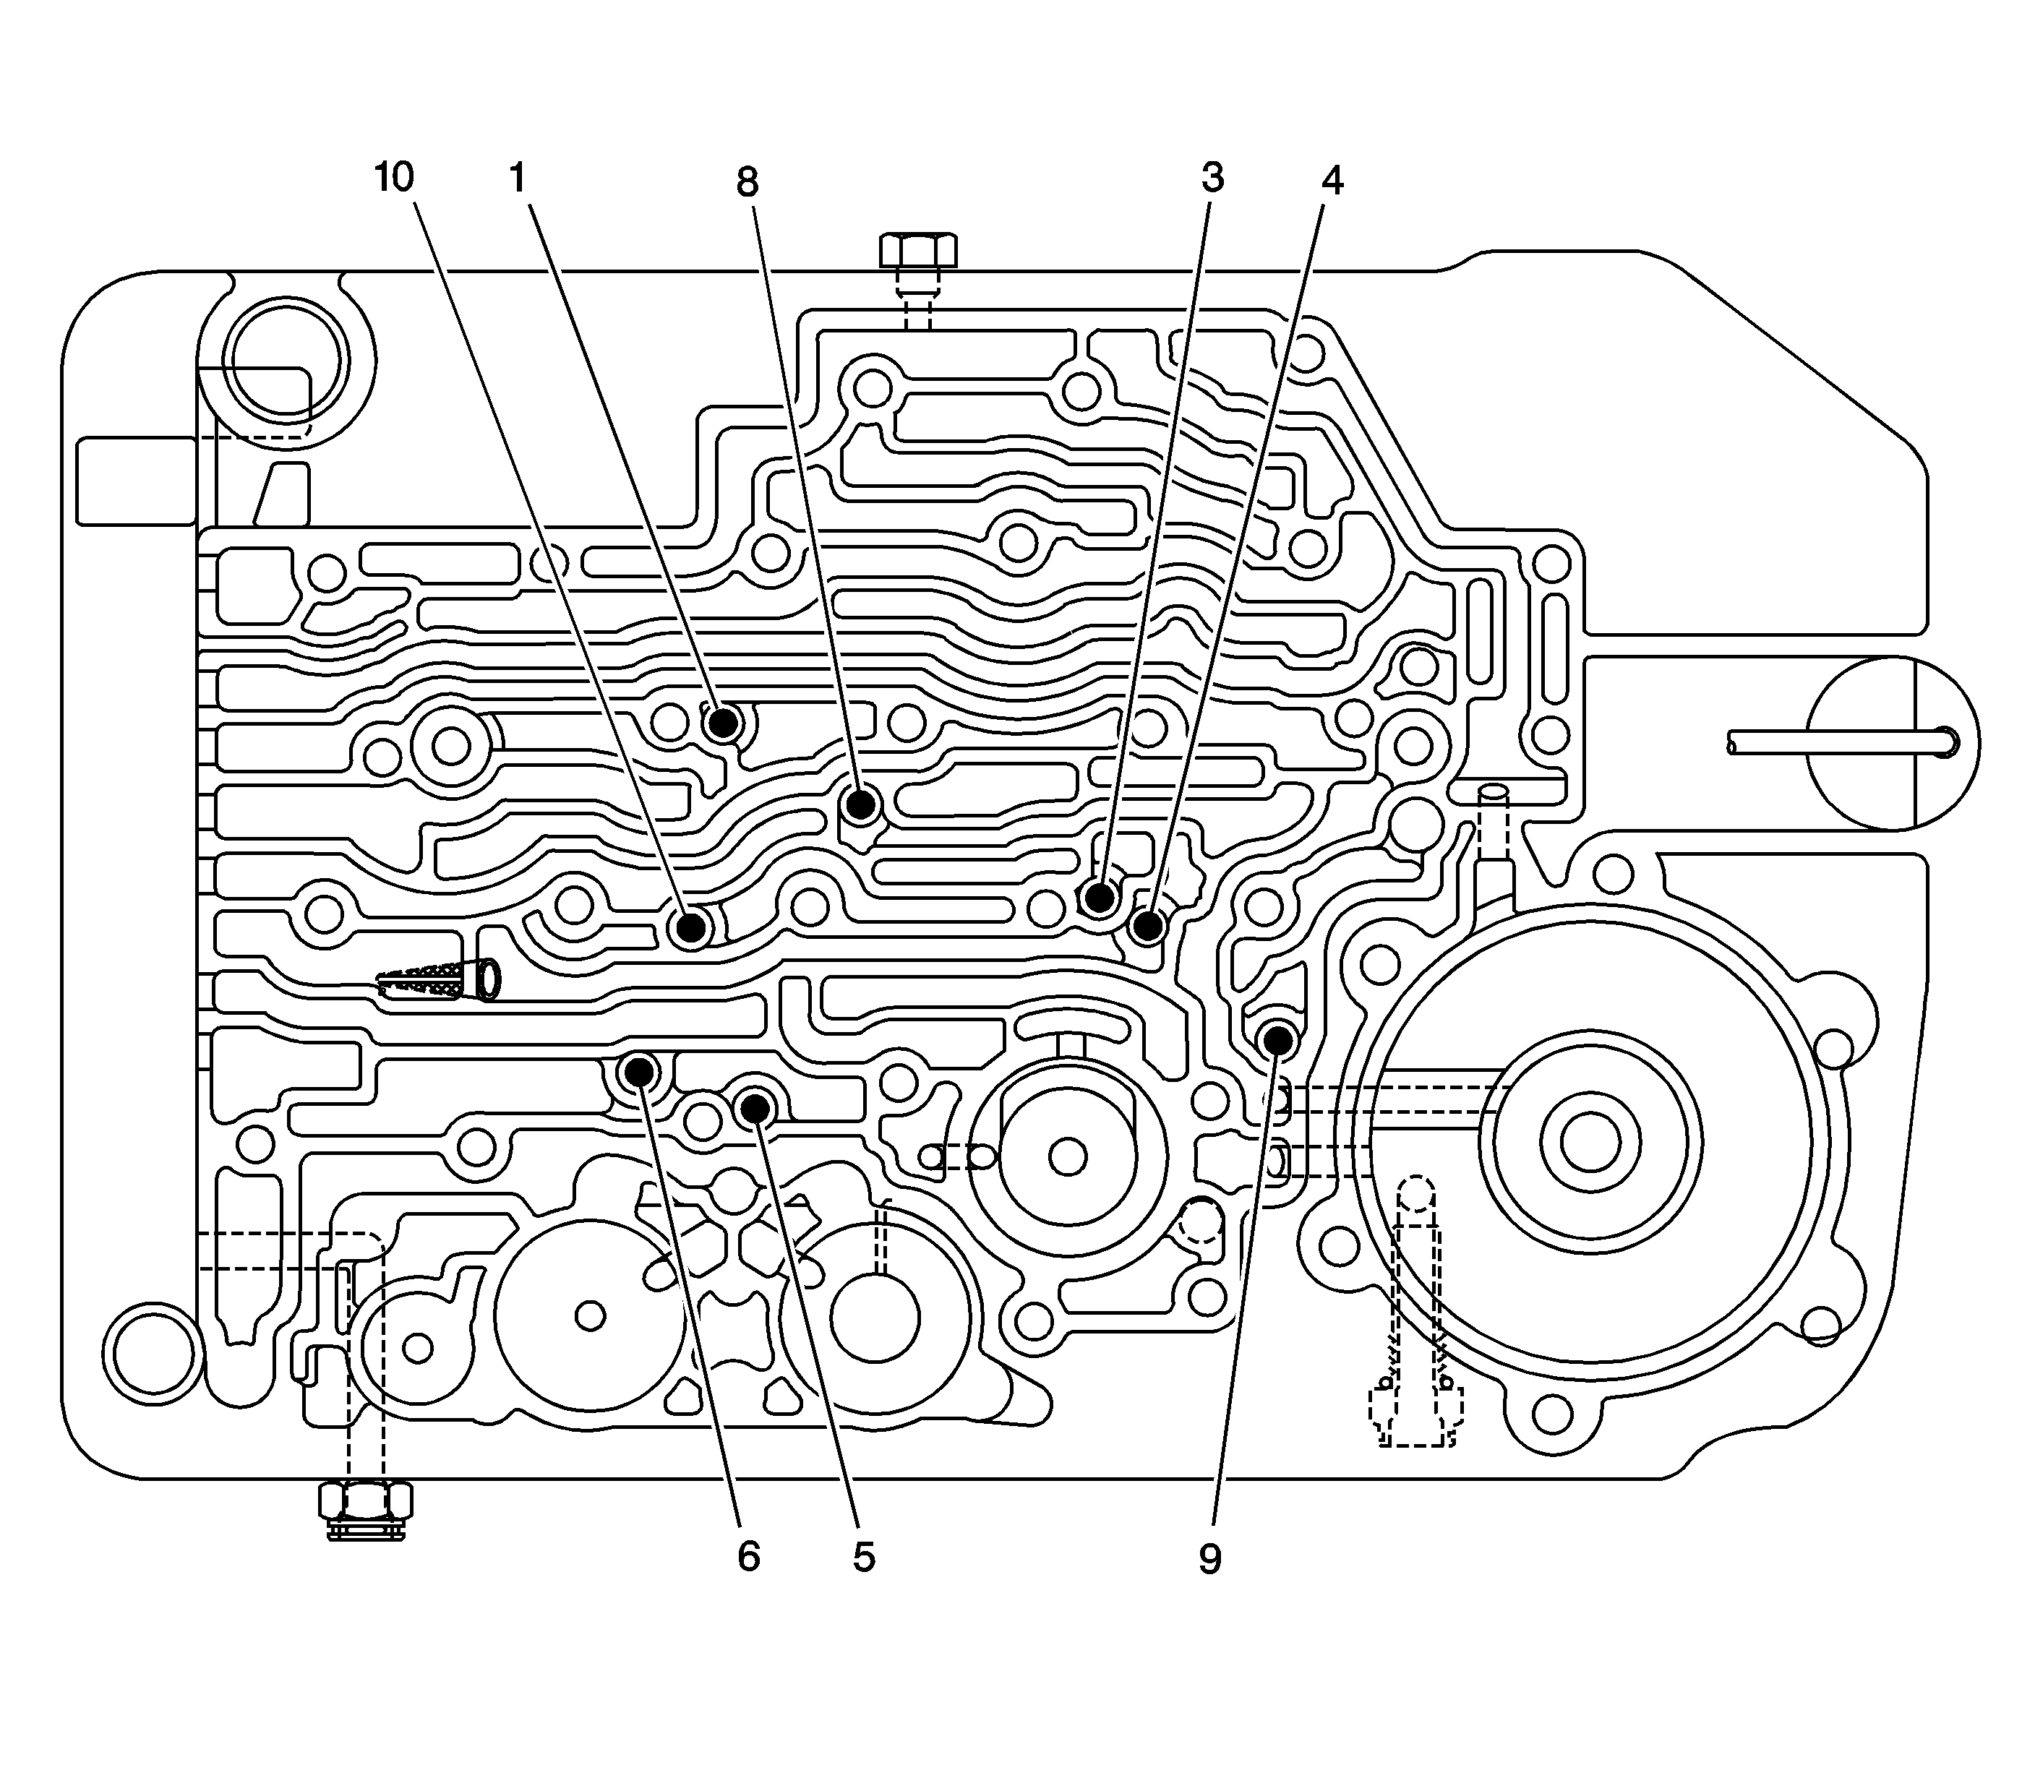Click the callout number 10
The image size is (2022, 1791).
394,178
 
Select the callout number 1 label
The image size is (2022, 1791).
516,178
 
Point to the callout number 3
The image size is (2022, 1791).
1213,178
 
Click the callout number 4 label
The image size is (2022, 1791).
1332,180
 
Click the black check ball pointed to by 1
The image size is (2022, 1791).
723,723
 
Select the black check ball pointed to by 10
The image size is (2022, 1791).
690,927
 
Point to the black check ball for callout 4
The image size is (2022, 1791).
1147,927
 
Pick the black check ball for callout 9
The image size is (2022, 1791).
1277,1039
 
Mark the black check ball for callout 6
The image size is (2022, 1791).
638,1070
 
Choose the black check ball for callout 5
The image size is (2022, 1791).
755,1109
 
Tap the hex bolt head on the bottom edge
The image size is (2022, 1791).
365,1503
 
